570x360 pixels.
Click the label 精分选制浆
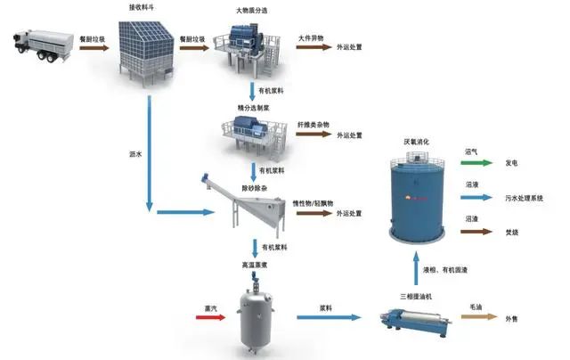[x=255, y=107]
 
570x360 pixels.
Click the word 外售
[x=515, y=317]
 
